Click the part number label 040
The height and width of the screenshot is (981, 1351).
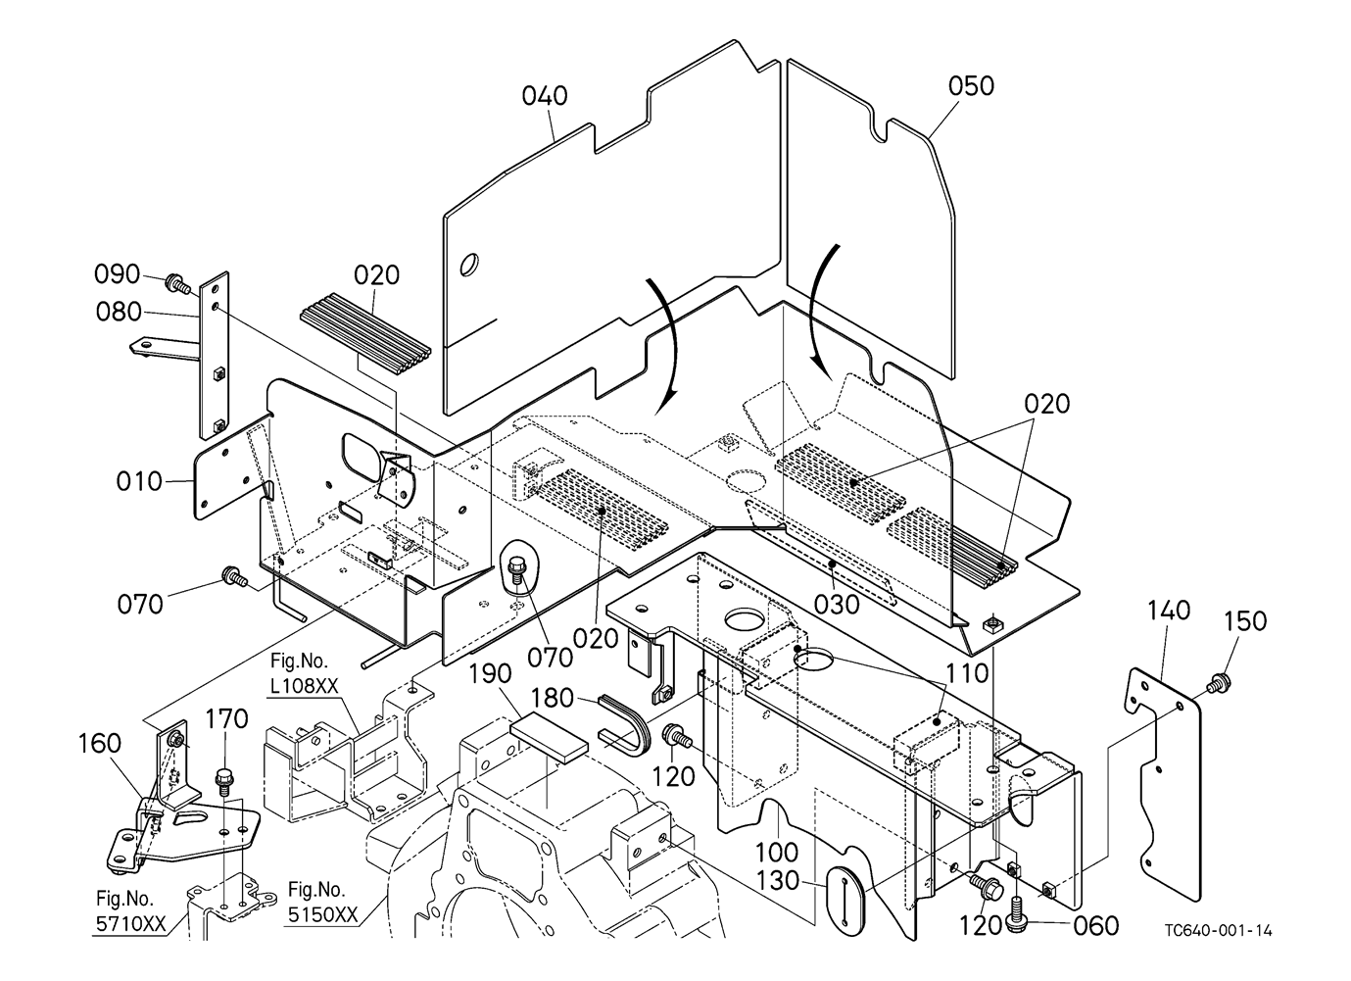(545, 96)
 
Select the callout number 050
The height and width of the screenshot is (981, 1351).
(971, 86)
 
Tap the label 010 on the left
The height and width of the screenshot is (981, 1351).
(139, 482)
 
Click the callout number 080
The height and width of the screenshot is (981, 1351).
(119, 313)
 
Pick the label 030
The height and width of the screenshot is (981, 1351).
(837, 605)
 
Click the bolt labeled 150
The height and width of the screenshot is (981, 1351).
(1220, 684)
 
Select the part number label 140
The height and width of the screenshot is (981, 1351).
(1168, 612)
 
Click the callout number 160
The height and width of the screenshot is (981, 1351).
(100, 743)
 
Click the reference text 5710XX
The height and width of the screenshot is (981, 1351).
(130, 924)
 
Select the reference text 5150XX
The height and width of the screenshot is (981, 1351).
(322, 914)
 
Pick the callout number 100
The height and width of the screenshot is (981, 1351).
(777, 853)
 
